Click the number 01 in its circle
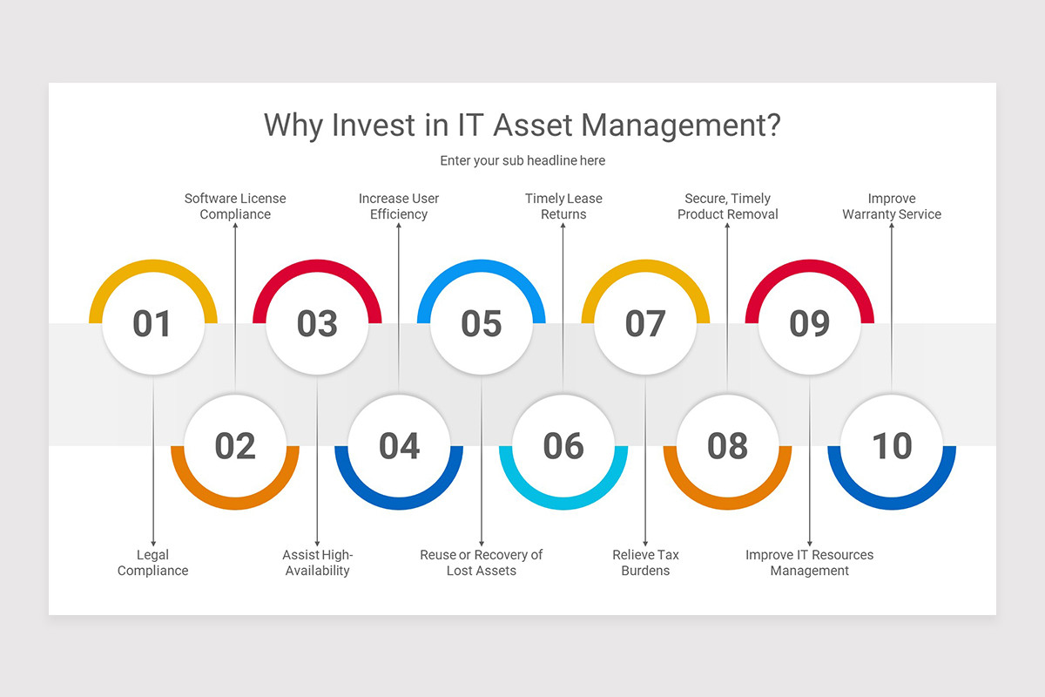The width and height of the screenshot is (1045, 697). click(152, 324)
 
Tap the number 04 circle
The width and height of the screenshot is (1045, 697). click(399, 446)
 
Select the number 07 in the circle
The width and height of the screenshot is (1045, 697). click(645, 324)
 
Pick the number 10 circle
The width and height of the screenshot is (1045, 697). click(892, 446)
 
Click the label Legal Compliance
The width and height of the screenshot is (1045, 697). click(153, 563)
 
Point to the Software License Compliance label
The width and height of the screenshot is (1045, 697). click(235, 206)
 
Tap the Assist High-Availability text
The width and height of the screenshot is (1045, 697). click(318, 563)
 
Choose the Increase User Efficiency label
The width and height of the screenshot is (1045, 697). click(399, 206)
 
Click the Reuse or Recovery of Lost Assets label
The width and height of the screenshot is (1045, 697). click(482, 563)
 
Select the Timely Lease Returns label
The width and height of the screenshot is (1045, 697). click(563, 206)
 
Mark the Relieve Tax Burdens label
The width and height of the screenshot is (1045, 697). click(645, 563)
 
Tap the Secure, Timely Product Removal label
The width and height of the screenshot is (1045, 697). click(728, 206)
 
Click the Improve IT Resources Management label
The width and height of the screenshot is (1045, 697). click(810, 563)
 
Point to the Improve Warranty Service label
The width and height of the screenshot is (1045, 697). click(892, 206)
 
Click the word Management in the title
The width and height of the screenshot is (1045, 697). click(680, 125)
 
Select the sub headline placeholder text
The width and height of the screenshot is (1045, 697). click(522, 160)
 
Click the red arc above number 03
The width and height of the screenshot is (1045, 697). click(317, 269)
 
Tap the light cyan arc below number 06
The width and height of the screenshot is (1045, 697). click(563, 503)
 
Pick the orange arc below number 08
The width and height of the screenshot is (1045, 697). click(727, 503)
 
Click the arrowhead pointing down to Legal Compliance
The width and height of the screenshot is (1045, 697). click(153, 543)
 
